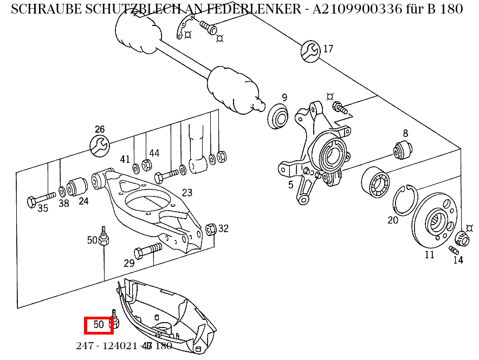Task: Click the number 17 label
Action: pos(328,49)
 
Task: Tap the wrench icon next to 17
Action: pos(310,50)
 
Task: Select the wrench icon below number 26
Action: pos(99,145)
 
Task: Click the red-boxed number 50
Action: pos(99,325)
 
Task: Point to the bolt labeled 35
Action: pos(41,198)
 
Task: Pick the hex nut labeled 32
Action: pos(212,230)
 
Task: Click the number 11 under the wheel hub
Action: pos(429,254)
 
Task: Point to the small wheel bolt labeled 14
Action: pos(454,250)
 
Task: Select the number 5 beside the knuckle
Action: pos(291,185)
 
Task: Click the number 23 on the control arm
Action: pos(187,193)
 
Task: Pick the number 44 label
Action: pos(154,153)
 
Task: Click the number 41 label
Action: pos(125,159)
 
